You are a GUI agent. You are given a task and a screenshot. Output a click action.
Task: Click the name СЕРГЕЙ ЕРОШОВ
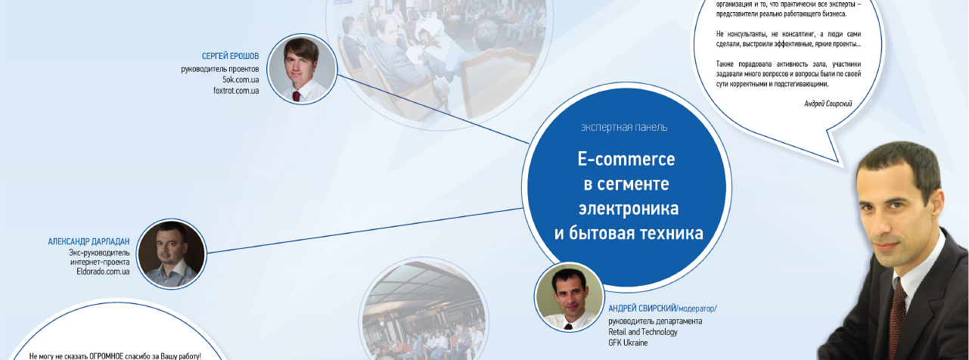click(230, 56)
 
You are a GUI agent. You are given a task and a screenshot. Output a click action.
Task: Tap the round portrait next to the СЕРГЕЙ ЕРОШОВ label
click(302, 69)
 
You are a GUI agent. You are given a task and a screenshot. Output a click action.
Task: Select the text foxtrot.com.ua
click(236, 91)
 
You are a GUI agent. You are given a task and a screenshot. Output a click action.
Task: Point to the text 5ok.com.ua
click(241, 79)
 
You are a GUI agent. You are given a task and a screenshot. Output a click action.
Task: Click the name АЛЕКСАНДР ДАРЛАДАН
click(89, 241)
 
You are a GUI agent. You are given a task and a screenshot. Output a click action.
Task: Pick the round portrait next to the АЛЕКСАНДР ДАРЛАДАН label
click(171, 254)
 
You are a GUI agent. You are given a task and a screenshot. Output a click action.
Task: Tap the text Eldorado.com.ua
click(103, 272)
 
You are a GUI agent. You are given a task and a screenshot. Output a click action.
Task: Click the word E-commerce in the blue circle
click(626, 160)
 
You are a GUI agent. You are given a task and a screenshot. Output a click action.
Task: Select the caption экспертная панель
click(624, 127)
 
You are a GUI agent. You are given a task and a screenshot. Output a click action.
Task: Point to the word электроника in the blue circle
click(629, 209)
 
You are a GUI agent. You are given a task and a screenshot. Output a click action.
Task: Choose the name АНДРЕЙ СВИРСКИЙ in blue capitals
click(642, 309)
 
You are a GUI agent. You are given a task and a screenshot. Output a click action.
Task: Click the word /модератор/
click(697, 309)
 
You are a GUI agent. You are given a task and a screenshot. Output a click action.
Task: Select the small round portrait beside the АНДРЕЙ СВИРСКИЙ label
click(569, 296)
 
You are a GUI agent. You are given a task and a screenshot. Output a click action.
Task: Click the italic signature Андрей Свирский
click(828, 104)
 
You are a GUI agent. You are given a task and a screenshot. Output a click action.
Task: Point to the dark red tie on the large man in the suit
click(896, 320)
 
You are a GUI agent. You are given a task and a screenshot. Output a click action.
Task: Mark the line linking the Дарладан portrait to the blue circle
click(365, 231)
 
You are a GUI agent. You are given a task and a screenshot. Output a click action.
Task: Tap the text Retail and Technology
click(643, 332)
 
